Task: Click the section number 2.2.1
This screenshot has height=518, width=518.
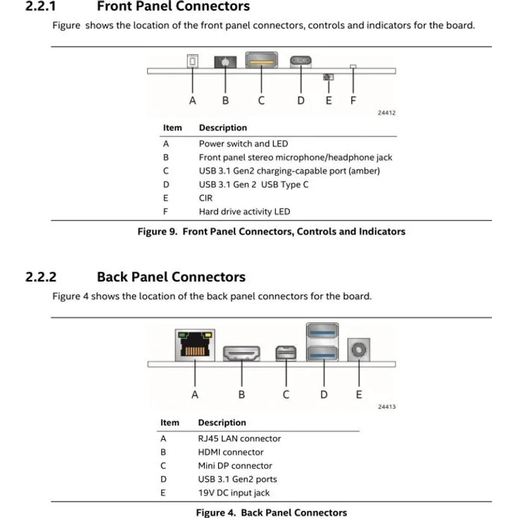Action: coord(41,7)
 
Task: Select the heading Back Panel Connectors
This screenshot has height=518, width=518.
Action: coord(171,277)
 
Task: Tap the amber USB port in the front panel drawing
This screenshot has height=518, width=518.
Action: coord(261,61)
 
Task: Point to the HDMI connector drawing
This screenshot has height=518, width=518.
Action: coord(241,353)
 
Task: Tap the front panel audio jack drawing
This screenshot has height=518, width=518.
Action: coord(225,62)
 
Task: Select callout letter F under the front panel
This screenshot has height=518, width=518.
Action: coord(353,101)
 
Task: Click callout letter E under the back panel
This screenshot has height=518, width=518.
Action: coord(359,394)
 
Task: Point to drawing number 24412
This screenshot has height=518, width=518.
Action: coord(386,113)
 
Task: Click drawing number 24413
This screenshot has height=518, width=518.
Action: coord(386,407)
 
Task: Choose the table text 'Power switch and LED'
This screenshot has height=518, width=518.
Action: coord(244,144)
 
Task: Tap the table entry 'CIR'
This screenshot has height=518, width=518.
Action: coord(206,198)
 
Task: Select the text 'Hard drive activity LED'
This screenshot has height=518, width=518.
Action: coord(244,211)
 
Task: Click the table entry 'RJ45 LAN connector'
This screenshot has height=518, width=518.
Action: coord(239,438)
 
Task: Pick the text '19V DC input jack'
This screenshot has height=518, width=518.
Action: coord(234,493)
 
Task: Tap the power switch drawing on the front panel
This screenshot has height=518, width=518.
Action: coord(192,61)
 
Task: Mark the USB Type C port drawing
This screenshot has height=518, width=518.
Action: coord(301,61)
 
